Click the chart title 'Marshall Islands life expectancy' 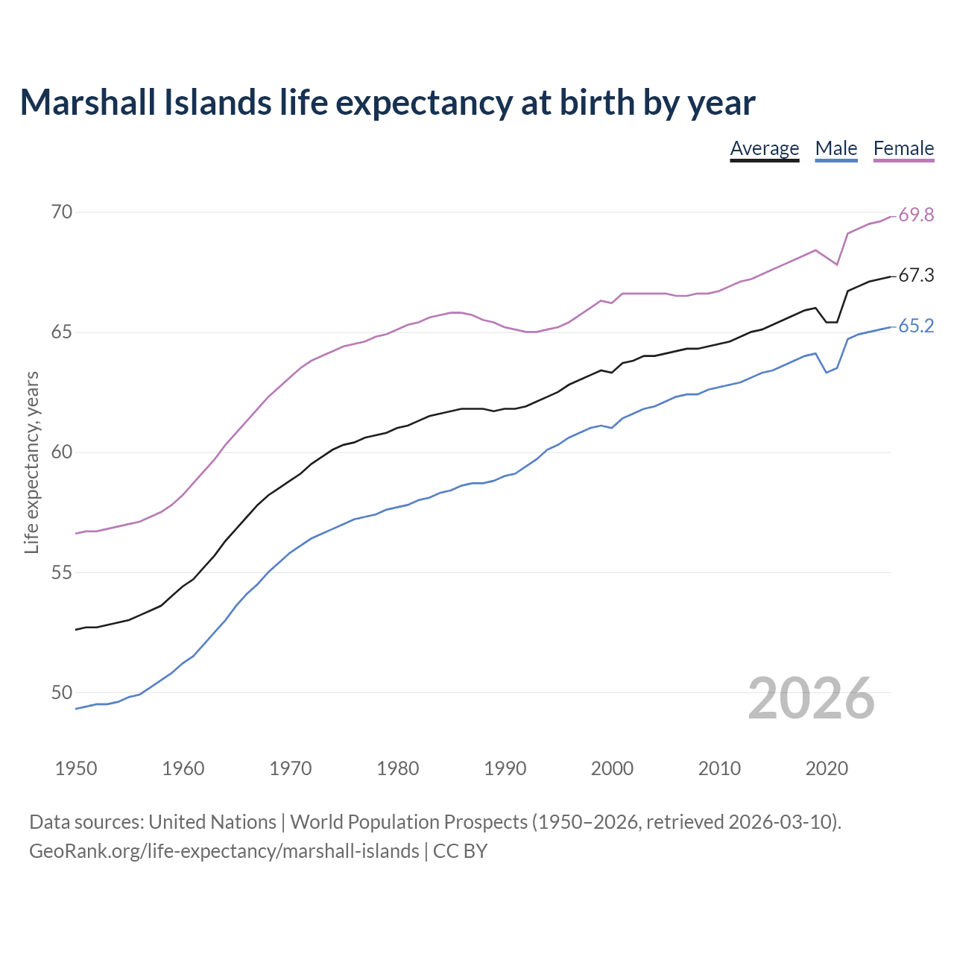[x=387, y=103]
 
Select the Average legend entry [x=764, y=148]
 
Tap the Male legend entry [x=836, y=148]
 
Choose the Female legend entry [x=903, y=148]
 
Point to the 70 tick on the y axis [x=62, y=212]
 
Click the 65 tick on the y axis [x=62, y=332]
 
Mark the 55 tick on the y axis [x=62, y=573]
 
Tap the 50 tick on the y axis [x=62, y=693]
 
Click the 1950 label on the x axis [x=76, y=768]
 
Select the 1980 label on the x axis [x=397, y=768]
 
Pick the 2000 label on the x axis [x=612, y=768]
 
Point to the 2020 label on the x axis [x=827, y=768]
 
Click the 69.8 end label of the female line [x=916, y=215]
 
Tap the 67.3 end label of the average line [x=916, y=276]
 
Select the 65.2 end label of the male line [x=916, y=326]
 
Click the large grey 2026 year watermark [x=811, y=698]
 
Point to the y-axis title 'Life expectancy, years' [x=32, y=462]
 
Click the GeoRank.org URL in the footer [x=224, y=851]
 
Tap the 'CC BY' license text [x=460, y=851]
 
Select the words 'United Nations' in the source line [x=212, y=822]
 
